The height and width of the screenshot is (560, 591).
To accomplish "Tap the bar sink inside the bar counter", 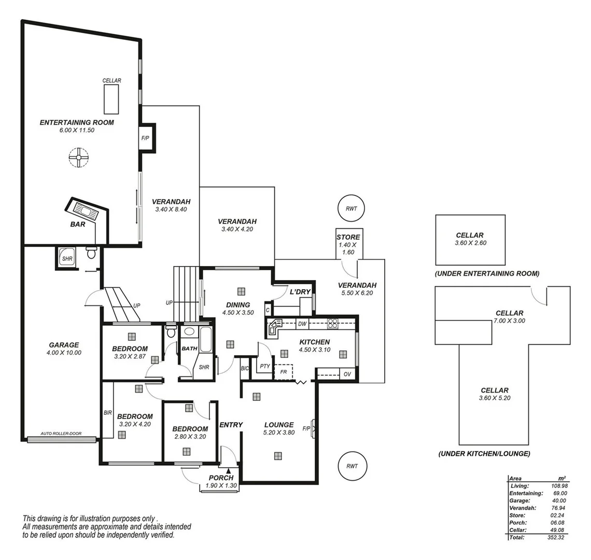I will click(x=84, y=210).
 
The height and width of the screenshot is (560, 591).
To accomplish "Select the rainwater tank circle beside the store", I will click(x=351, y=208).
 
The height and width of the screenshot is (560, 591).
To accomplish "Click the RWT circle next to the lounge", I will click(x=351, y=466).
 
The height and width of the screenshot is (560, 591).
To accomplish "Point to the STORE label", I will click(x=348, y=237).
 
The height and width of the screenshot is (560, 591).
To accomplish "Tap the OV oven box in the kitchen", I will click(x=348, y=374).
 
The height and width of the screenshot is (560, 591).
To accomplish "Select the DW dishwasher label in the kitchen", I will click(x=302, y=324).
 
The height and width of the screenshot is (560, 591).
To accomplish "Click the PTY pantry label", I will click(x=265, y=366).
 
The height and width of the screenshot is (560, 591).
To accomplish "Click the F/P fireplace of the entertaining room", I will click(x=146, y=138).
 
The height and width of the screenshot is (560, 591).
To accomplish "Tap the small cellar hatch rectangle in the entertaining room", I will click(x=111, y=99).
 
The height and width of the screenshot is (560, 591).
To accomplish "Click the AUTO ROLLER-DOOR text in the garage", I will click(x=61, y=434).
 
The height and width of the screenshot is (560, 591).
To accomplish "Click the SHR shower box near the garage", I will click(x=67, y=258).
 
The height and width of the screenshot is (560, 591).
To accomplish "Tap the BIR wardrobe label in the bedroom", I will click(x=107, y=413).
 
